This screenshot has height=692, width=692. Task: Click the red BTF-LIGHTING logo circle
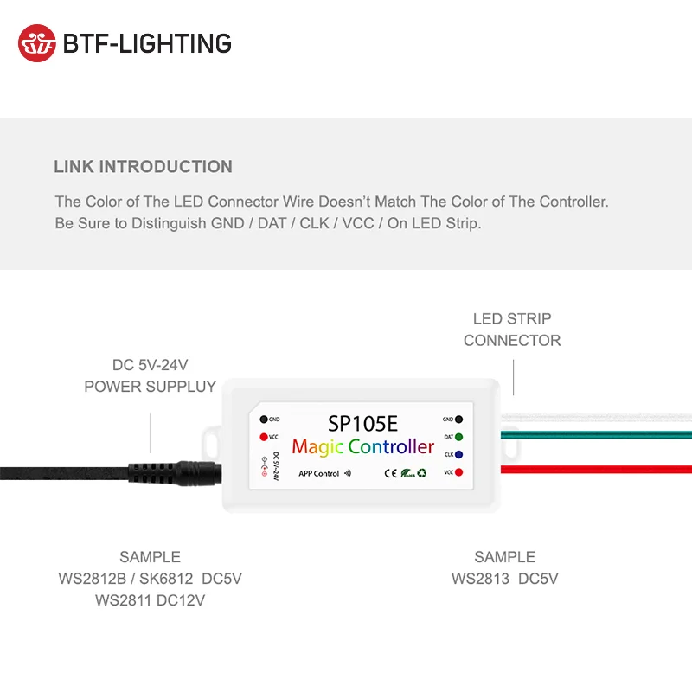[x=37, y=43]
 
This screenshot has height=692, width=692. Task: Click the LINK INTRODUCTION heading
[x=143, y=167]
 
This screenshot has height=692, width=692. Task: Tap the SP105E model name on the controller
[x=362, y=424]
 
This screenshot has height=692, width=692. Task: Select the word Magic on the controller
[x=318, y=447]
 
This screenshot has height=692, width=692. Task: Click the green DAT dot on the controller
[x=458, y=437]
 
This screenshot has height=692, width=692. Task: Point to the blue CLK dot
[x=458, y=454]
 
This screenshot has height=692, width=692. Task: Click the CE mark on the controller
[x=389, y=473]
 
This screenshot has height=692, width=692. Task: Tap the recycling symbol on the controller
[x=422, y=473]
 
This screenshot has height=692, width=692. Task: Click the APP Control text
[x=318, y=474]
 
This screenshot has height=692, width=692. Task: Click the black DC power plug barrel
[x=177, y=472]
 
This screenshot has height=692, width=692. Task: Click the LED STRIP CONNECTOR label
[x=512, y=330]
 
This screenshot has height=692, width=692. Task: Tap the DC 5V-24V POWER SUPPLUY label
[x=150, y=376]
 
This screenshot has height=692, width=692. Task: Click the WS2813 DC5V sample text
[x=504, y=579]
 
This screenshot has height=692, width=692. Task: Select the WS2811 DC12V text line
[x=150, y=599]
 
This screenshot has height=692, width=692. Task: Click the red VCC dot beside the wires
[x=458, y=472]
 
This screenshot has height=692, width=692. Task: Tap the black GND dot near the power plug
[x=263, y=419]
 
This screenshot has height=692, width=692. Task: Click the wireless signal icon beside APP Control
[x=349, y=474]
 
